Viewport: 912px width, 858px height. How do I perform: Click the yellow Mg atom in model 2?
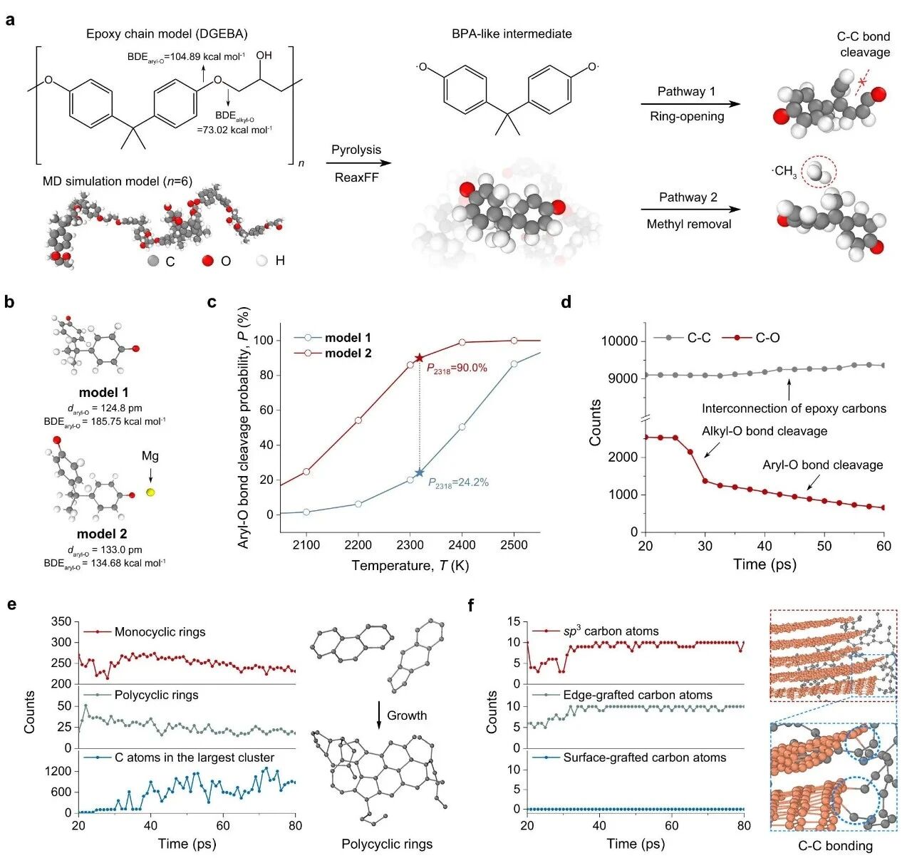tap(150, 492)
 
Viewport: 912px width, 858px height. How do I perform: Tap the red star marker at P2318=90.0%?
tap(419, 358)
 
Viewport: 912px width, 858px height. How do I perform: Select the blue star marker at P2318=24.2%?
tap(419, 472)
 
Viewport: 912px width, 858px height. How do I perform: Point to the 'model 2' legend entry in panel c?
tap(348, 353)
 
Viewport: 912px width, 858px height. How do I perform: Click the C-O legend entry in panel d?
tap(767, 338)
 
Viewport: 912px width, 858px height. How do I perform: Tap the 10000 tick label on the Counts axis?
tap(618, 341)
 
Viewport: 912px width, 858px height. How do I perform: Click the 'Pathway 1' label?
tap(686, 91)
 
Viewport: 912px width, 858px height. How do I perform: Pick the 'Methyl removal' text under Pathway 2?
tap(688, 224)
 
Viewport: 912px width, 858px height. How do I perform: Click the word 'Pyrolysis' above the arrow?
tap(356, 150)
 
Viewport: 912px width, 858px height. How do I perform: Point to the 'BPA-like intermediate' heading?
tap(512, 33)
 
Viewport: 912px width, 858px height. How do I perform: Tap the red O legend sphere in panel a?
tap(207, 261)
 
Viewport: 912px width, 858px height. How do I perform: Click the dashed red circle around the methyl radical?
tap(819, 172)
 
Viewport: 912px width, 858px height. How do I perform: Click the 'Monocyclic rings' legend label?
tap(160, 632)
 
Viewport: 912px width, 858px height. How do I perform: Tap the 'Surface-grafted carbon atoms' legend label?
tap(644, 758)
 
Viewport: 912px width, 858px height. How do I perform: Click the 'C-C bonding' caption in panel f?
tap(835, 846)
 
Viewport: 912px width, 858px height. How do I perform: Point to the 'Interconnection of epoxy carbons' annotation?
tap(794, 408)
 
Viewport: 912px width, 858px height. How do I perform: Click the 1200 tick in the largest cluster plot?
tap(58, 771)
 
